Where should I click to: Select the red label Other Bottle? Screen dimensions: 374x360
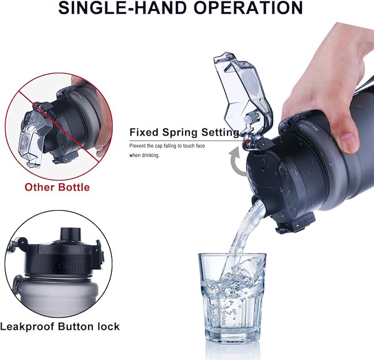[x=57, y=187]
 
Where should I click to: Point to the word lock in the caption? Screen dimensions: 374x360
[x=109, y=326]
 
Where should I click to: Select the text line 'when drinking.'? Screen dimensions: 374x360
[x=144, y=155]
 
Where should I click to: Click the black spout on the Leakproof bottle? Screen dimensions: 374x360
[x=70, y=234]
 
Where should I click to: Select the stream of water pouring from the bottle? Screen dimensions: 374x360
[x=243, y=234]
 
